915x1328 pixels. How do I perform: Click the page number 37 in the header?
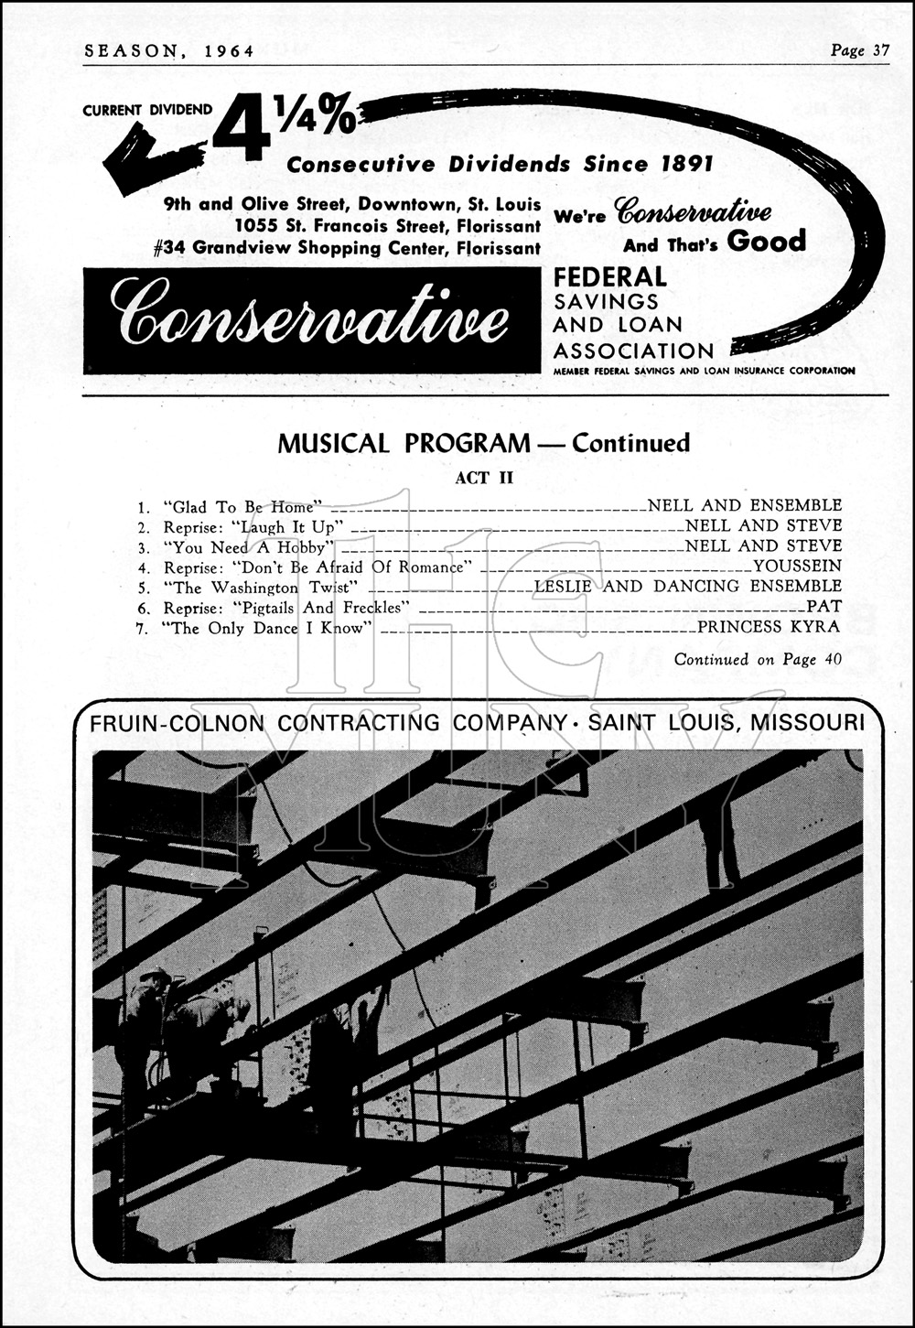(880, 51)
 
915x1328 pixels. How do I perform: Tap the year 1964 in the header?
(223, 51)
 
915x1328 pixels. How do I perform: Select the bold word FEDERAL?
(609, 276)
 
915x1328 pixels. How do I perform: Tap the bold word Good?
(767, 242)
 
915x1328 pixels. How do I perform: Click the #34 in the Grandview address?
(168, 248)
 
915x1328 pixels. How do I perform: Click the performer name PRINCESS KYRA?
(769, 627)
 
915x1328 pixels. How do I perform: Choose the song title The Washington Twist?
(260, 588)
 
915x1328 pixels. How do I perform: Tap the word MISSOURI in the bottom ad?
(806, 723)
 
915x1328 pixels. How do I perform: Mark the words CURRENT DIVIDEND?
(147, 110)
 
